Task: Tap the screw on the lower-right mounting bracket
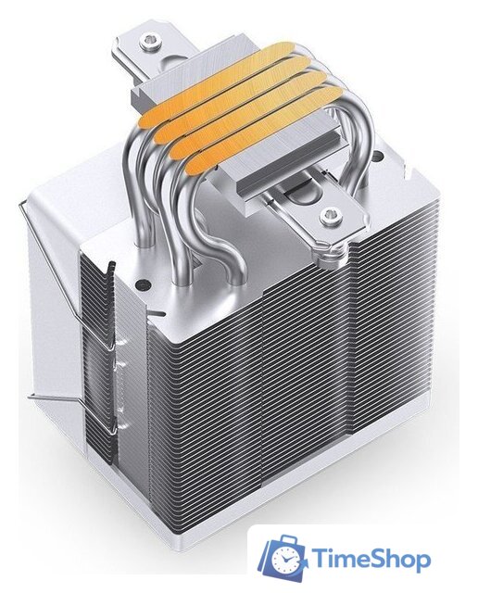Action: pyautogui.click(x=329, y=216)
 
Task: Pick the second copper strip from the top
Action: pyautogui.click(x=233, y=100)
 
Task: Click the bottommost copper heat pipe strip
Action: pyautogui.click(x=262, y=132)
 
